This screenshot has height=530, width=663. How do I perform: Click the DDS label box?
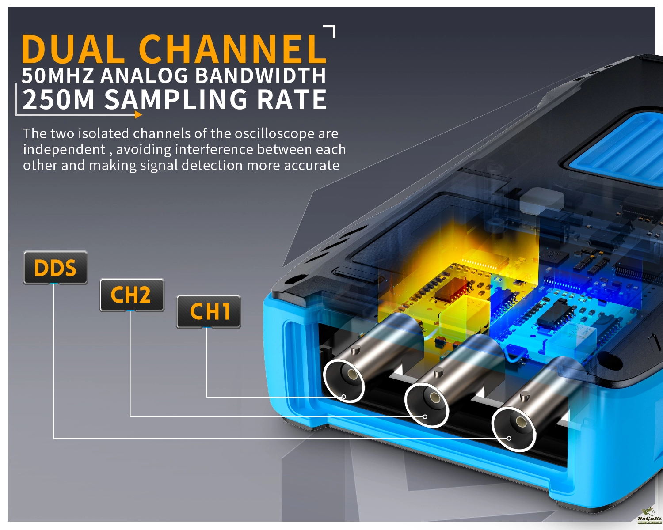tap(55, 268)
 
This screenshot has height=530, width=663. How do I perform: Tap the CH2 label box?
tap(132, 295)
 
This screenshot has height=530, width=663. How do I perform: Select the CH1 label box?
tap(209, 312)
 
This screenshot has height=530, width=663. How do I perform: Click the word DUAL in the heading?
tap(73, 49)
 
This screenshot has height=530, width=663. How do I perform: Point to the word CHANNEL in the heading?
tap(232, 49)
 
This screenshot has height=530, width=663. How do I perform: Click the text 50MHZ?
tap(57, 76)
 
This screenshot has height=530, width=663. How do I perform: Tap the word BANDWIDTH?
tap(260, 76)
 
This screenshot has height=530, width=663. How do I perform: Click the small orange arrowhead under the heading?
tap(138, 115)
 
